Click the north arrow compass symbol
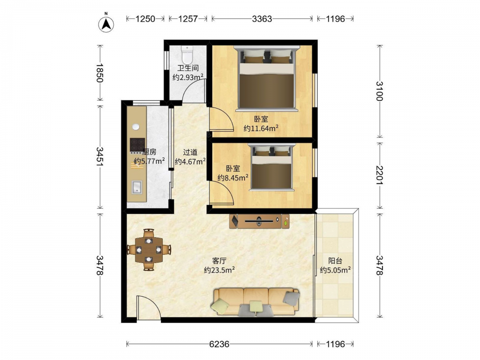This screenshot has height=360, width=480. [106, 24]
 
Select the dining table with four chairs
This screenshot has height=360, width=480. [149, 250]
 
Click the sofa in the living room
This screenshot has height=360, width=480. [255, 302]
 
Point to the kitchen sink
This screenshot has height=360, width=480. [137, 187]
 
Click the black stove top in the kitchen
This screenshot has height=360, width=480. [137, 144]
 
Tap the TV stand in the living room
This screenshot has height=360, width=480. [259, 221]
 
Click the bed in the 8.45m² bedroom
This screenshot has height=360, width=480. [271, 167]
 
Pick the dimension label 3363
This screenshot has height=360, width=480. [262, 19]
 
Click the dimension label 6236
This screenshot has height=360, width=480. [219, 344]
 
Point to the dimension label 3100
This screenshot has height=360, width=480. [380, 91]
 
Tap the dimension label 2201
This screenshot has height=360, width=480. [380, 175]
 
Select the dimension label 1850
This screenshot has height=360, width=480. [100, 73]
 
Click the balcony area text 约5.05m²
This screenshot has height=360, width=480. [335, 270]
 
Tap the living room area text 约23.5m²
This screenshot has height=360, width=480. [219, 270]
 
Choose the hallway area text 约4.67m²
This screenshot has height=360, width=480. [190, 161]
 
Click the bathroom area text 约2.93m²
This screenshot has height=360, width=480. [188, 77]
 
